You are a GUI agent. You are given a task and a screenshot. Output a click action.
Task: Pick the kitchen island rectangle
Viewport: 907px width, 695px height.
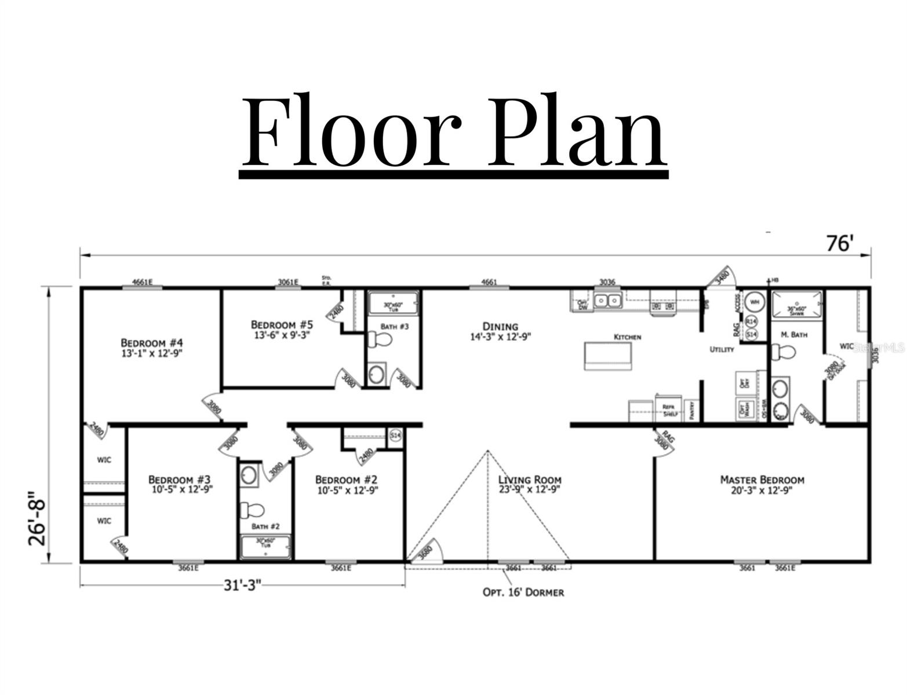click(x=608, y=355)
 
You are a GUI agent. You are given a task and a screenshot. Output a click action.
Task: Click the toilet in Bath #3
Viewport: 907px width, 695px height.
click(x=380, y=341)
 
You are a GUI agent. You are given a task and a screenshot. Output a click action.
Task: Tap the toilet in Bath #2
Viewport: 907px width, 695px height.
click(x=253, y=510)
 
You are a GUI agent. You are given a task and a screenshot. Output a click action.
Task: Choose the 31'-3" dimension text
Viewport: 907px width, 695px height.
click(x=242, y=585)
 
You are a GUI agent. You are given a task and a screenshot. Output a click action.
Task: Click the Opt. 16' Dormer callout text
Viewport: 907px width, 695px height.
click(x=523, y=592)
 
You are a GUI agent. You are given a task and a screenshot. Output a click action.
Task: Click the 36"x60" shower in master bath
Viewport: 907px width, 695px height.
click(x=796, y=303)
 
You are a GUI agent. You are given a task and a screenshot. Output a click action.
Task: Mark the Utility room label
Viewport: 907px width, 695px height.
click(x=722, y=349)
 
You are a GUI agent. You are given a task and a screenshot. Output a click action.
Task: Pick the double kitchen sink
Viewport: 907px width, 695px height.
click(x=607, y=301)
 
